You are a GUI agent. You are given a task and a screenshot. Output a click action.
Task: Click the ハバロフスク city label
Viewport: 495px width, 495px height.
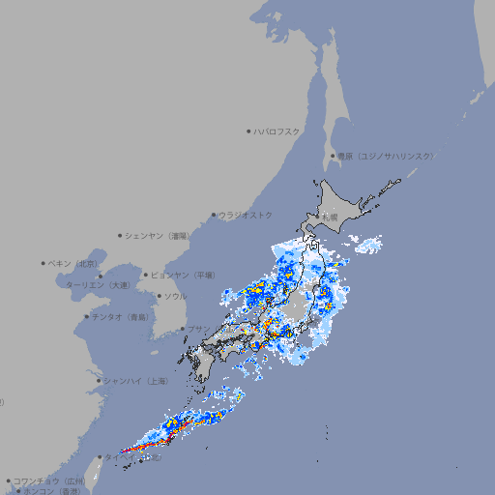[277, 131]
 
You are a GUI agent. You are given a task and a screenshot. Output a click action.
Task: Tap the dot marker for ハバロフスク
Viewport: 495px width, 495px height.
[249, 131]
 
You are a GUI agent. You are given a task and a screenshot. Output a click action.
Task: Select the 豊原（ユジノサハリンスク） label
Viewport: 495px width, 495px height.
[385, 156]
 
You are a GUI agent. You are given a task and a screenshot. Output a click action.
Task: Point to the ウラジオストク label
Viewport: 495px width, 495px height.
[246, 215]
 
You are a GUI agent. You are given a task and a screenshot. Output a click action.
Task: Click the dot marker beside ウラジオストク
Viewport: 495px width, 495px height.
[214, 215]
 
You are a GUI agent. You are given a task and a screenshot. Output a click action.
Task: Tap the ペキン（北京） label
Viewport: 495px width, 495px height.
[74, 263]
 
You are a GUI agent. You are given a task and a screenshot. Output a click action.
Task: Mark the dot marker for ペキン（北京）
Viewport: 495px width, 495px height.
[44, 263]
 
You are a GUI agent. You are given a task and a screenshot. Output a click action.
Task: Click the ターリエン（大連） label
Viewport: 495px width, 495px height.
[98, 285]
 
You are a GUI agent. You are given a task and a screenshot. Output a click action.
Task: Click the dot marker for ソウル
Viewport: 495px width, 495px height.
[158, 296]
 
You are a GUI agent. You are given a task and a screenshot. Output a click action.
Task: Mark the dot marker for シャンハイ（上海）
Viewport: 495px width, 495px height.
[98, 381]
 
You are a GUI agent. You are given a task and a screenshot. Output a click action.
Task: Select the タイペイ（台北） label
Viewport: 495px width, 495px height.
[126, 456]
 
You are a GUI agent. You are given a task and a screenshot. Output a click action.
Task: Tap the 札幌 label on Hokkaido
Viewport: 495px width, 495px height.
[330, 217]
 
